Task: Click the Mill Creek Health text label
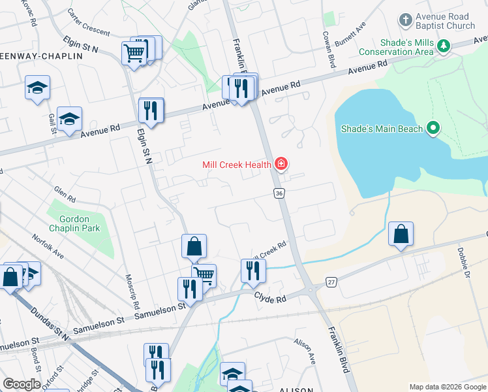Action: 236,165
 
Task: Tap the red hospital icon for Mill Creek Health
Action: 281,164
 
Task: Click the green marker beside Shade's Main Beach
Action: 433,128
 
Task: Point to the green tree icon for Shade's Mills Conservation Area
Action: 444,46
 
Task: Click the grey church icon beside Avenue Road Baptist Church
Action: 405,20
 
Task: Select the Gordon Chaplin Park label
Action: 79,223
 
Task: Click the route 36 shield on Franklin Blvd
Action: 279,193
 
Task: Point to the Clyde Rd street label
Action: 270,299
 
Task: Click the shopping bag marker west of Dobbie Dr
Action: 401,235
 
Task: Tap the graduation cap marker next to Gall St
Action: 69,119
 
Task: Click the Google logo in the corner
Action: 22,384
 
